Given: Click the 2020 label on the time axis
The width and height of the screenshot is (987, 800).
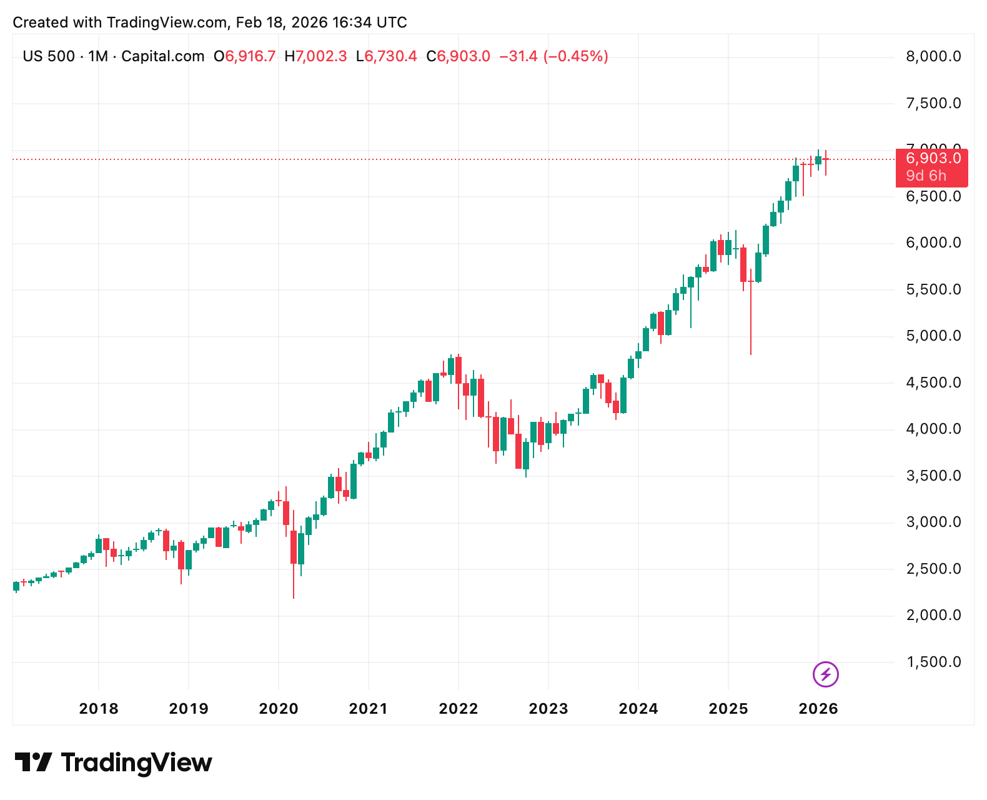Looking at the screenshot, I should (x=279, y=709).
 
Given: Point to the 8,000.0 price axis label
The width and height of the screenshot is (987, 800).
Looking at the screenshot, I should (x=933, y=57).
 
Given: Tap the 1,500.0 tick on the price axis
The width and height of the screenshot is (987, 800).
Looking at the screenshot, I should (x=933, y=662).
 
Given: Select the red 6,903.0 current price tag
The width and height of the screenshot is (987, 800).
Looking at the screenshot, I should (x=933, y=159).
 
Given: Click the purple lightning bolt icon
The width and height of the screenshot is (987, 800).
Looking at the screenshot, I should (x=825, y=674).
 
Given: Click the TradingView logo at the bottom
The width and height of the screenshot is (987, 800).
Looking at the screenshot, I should (x=114, y=763).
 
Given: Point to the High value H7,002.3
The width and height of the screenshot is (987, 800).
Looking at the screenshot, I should (x=315, y=56).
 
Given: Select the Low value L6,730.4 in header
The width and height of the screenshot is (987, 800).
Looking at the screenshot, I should (x=386, y=56).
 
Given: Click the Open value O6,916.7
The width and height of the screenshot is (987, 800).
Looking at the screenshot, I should (x=244, y=56).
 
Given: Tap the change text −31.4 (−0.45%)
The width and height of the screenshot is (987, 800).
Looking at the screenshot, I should (x=553, y=56).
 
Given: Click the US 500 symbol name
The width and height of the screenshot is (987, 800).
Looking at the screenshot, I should (x=49, y=56).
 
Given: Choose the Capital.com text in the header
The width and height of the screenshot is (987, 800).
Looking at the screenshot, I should (x=162, y=56).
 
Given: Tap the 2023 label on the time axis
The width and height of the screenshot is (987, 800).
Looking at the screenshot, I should (x=548, y=709).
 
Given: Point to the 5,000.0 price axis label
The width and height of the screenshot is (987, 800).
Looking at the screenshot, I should (x=933, y=336).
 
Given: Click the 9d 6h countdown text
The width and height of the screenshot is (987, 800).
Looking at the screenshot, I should (x=926, y=176).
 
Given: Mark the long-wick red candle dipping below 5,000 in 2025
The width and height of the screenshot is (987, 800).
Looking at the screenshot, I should (x=751, y=312).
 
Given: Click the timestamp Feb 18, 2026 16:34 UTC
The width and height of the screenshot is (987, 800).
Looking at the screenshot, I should (x=322, y=22).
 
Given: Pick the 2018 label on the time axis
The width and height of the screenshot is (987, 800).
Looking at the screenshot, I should (x=99, y=709).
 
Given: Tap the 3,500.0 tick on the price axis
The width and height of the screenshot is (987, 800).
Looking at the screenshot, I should (x=933, y=476).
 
